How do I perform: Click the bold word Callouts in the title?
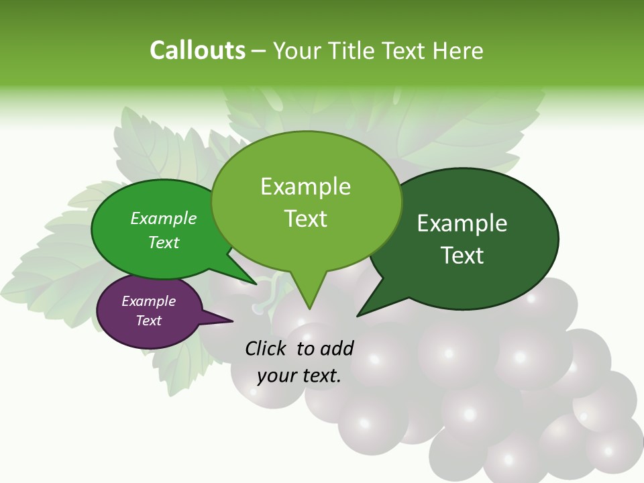(x=197, y=50)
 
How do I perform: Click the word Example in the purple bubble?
(x=148, y=301)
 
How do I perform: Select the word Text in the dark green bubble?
(x=462, y=255)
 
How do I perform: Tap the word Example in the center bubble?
(x=305, y=186)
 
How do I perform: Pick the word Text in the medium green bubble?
(x=163, y=242)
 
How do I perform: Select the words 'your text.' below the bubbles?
(x=299, y=376)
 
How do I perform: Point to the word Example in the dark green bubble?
(x=462, y=223)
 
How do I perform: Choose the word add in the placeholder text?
(x=336, y=348)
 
